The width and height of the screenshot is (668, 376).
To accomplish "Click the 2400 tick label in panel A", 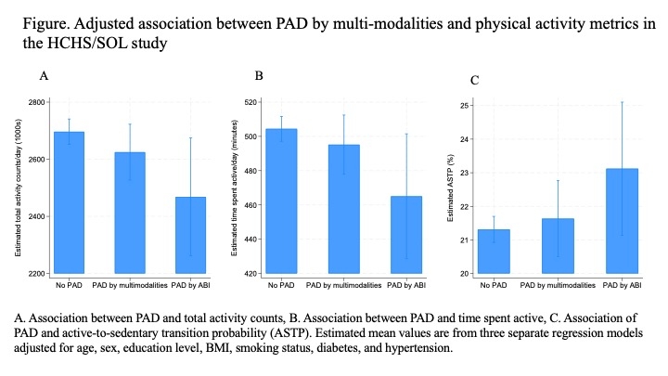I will coord(33,216).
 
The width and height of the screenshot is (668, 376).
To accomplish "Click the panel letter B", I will coord(259,75).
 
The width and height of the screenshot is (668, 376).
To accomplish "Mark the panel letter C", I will coord(475,81).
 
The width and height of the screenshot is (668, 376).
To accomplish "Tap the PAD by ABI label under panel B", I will coord(406,285).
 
